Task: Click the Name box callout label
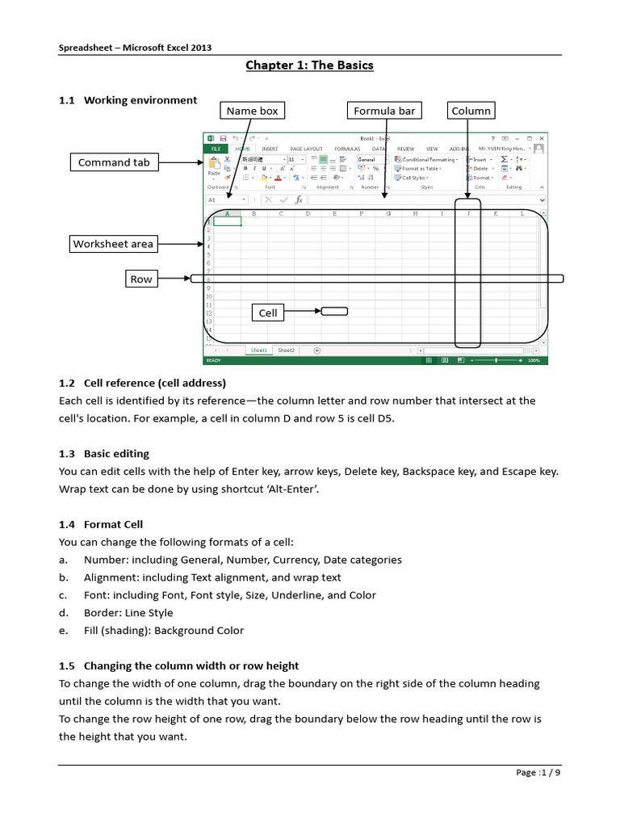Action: (x=253, y=111)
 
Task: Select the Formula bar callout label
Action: (x=384, y=111)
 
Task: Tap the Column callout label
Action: (x=471, y=111)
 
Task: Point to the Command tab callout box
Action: (x=114, y=162)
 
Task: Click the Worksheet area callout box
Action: (x=113, y=243)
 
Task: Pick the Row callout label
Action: (x=141, y=279)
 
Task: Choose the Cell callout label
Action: (x=268, y=313)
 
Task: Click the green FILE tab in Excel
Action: (x=216, y=149)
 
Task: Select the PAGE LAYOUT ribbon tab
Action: (x=306, y=149)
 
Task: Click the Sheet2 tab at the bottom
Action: (x=286, y=351)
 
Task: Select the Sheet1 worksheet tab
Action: (x=258, y=351)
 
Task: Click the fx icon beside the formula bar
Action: (x=298, y=199)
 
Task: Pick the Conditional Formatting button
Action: (x=429, y=159)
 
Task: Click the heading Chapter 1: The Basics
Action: (x=310, y=65)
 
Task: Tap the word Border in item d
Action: (x=99, y=613)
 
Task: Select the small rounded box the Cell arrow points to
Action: (x=334, y=311)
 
